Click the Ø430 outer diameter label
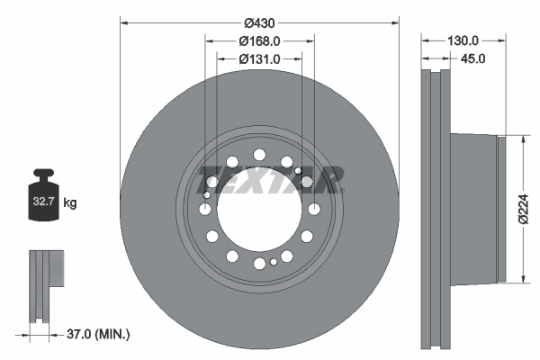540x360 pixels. click(260, 22)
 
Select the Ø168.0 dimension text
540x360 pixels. click(260, 40)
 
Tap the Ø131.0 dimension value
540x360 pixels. click(260, 58)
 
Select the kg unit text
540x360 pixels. click(70, 204)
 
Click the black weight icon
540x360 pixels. click(44, 193)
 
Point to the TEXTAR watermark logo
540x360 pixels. click(270, 179)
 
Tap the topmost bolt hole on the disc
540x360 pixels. click(259, 154)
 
